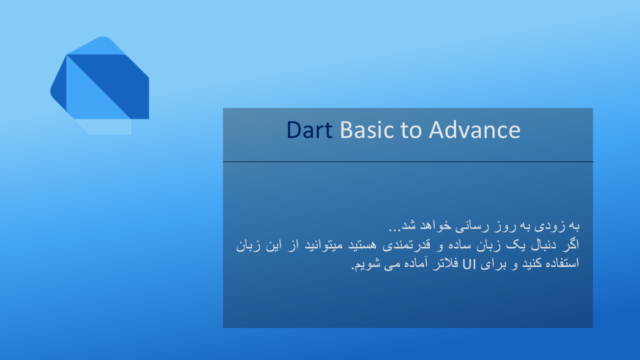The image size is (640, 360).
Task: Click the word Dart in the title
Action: (x=309, y=130)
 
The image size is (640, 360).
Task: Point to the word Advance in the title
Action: (x=474, y=130)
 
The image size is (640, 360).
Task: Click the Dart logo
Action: (x=99, y=85)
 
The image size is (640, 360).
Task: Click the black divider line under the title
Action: (x=408, y=161)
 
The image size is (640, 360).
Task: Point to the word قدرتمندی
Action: (x=406, y=245)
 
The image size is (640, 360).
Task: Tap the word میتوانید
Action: (x=323, y=245)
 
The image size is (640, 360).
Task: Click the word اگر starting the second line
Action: (x=571, y=244)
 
